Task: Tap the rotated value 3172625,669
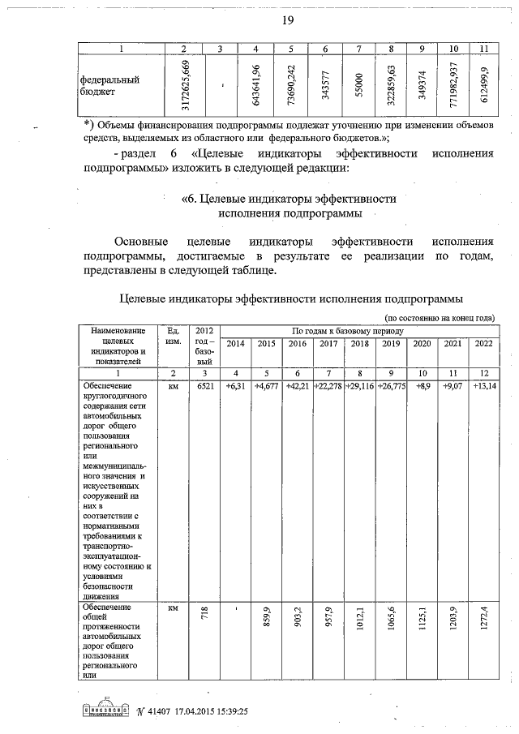187,86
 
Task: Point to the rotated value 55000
358,86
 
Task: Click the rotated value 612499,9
484,86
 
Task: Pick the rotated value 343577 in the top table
324,86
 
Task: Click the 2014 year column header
235,344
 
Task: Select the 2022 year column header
483,344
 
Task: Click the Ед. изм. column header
173,336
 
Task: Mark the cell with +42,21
298,386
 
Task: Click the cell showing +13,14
483,386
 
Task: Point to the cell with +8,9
422,386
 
